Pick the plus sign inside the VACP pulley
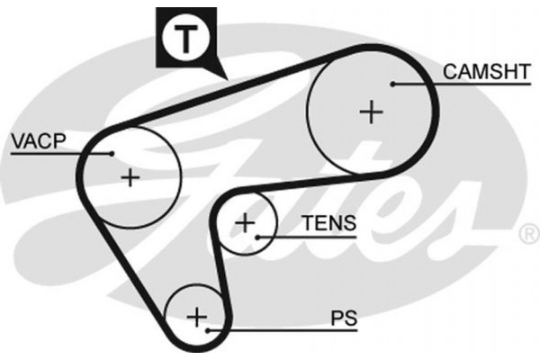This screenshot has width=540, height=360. pos(131,176)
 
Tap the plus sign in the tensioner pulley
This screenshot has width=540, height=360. pos(245,221)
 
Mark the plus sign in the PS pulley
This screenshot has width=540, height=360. pos(196,316)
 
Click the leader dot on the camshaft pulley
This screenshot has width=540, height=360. pos(393,84)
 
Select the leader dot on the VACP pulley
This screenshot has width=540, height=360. pos(112,153)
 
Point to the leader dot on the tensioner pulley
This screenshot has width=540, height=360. pos(258,237)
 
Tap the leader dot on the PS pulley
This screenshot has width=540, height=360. pos(209,330)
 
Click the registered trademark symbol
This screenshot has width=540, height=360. pos(528,236)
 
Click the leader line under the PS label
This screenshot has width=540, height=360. pos(288,330)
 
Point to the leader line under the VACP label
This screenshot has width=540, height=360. pos(54,153)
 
